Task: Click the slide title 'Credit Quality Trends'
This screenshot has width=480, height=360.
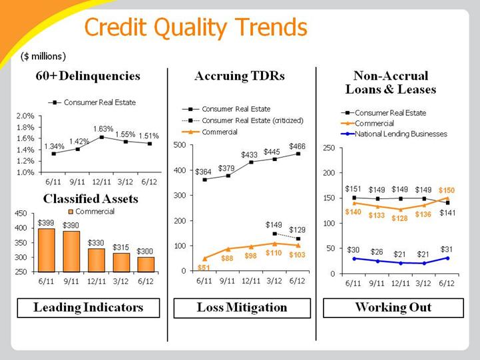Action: point(196,27)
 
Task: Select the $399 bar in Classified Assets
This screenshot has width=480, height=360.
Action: point(47,250)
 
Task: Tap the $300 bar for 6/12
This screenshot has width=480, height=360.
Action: point(146,265)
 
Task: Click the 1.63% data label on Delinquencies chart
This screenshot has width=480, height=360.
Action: point(103,129)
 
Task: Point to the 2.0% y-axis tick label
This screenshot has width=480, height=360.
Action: point(25,116)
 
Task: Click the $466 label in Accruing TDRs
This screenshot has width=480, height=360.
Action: point(297,146)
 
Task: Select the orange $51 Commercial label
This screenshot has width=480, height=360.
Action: point(204,268)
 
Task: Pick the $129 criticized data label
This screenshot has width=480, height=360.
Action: point(297,230)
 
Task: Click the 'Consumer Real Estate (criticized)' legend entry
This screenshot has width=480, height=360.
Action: point(242,120)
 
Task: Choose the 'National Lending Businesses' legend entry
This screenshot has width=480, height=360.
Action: point(394,134)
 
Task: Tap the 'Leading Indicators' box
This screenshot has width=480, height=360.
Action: point(89,307)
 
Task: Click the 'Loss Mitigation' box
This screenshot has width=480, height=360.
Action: point(242,308)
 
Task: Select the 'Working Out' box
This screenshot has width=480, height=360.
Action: point(393,307)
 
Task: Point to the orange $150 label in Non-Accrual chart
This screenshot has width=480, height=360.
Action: point(447,190)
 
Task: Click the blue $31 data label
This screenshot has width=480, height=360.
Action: point(447,250)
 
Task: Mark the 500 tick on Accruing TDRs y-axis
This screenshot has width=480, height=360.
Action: point(180,145)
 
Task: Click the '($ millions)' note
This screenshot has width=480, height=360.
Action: point(43,57)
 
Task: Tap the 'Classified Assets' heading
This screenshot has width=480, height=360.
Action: point(91,199)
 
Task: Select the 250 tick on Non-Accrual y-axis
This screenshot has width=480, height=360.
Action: point(329,148)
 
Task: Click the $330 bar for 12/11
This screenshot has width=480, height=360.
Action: point(97,260)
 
